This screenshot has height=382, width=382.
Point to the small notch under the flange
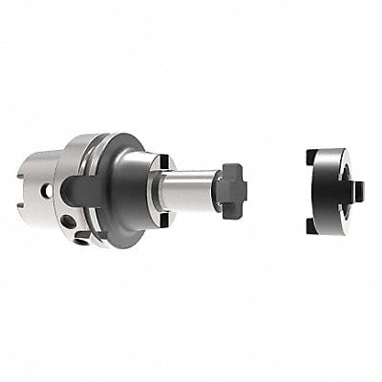[84, 236]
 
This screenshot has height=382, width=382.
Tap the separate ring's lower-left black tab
[312, 226]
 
